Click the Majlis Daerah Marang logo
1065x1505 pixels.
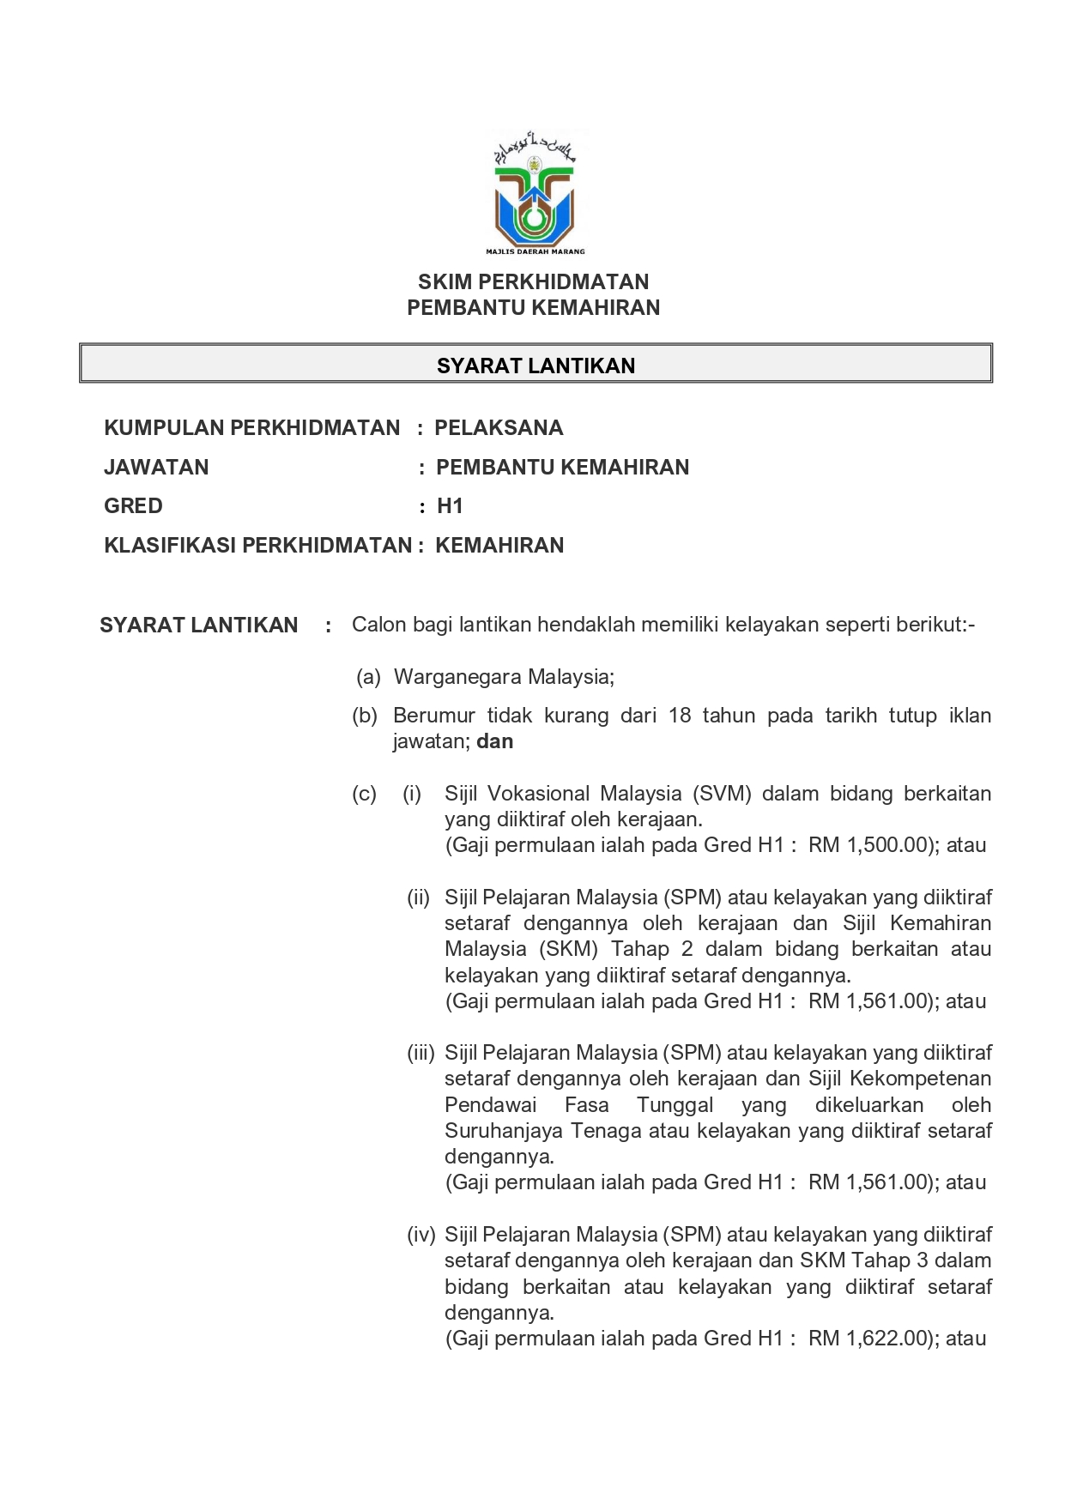(x=535, y=194)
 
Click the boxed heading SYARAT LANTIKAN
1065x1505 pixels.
(x=536, y=366)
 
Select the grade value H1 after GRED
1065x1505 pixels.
(x=450, y=506)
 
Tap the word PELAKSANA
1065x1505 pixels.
(x=499, y=428)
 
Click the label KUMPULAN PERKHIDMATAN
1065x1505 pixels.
(x=251, y=428)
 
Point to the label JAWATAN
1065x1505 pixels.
(x=156, y=468)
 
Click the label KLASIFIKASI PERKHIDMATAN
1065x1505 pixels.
(x=257, y=546)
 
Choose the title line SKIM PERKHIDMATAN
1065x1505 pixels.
(x=533, y=281)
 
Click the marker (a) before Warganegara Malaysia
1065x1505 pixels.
(x=368, y=677)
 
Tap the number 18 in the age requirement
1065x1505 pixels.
(x=679, y=716)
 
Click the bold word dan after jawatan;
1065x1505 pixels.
(x=495, y=741)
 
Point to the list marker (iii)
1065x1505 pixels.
(x=421, y=1053)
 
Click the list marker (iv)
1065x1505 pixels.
(x=421, y=1235)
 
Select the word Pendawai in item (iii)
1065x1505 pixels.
(x=490, y=1105)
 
